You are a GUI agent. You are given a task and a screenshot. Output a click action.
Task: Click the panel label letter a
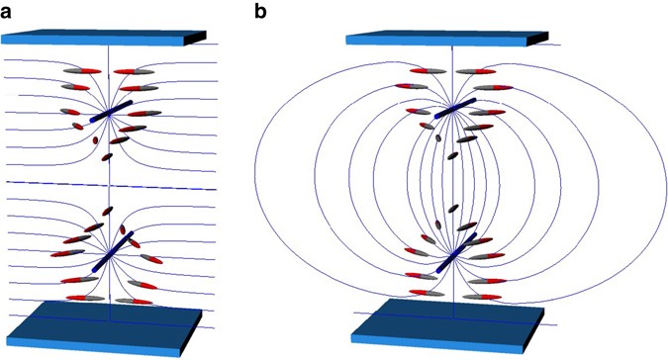tap(10, 11)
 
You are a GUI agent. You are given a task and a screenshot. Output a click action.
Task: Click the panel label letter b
tap(259, 11)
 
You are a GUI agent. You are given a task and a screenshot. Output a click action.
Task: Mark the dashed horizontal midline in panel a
tap(104, 183)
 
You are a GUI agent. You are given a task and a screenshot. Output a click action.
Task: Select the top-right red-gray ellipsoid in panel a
tap(132, 72)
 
